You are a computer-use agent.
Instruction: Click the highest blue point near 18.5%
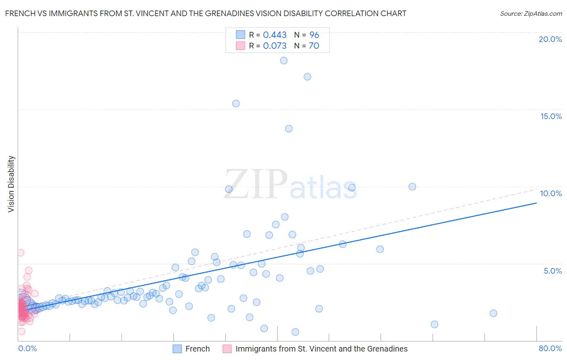point(284,61)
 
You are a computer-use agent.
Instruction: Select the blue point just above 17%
point(307,77)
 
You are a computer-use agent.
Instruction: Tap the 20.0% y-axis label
point(550,39)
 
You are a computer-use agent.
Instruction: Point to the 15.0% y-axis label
point(551,116)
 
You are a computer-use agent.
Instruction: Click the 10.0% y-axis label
point(551,193)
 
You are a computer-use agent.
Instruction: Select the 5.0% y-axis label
point(552,271)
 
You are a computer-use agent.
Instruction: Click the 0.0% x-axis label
point(27,348)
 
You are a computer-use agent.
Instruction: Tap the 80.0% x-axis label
point(550,348)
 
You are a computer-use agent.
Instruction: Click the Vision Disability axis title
point(11,184)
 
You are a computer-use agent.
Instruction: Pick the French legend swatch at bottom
point(177,349)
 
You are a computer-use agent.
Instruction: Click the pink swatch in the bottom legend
point(227,349)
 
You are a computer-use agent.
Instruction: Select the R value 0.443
point(275,35)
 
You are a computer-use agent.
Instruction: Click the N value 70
point(314,46)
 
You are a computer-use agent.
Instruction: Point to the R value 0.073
point(275,46)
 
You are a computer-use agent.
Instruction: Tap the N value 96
point(314,35)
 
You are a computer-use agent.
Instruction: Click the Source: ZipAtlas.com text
point(531,14)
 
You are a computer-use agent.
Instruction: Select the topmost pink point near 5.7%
point(21,253)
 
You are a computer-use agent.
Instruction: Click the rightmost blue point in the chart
point(493,313)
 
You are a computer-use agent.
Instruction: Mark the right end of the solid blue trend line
point(536,203)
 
